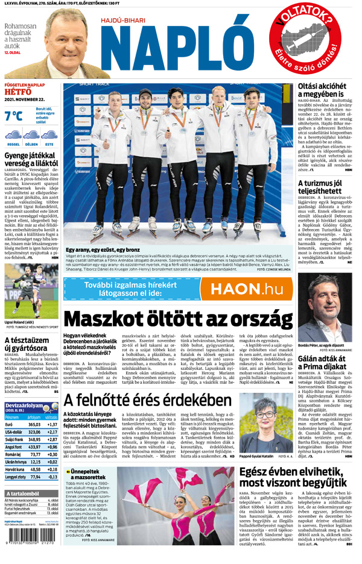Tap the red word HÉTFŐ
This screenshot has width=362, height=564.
pyautogui.click(x=17, y=92)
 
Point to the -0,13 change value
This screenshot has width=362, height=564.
pyautogui.click(x=52, y=477)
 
